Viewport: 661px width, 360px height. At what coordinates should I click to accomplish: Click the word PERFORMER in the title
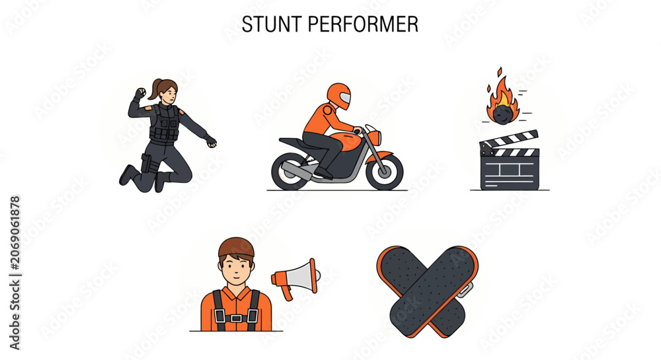(363, 24)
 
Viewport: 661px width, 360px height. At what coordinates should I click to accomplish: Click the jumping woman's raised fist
(140, 93)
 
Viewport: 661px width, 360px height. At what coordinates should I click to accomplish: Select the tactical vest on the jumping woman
(165, 123)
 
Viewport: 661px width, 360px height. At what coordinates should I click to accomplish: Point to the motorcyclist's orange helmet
(339, 96)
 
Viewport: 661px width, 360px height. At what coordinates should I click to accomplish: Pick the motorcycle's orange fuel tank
(346, 141)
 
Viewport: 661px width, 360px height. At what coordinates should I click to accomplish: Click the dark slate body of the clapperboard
(510, 172)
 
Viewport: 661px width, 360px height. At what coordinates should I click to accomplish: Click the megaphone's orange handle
(288, 292)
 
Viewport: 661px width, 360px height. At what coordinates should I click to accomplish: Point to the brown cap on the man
(236, 248)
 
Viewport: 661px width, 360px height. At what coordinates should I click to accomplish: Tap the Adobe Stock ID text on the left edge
(15, 273)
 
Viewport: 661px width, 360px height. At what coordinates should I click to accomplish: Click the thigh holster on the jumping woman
(146, 163)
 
